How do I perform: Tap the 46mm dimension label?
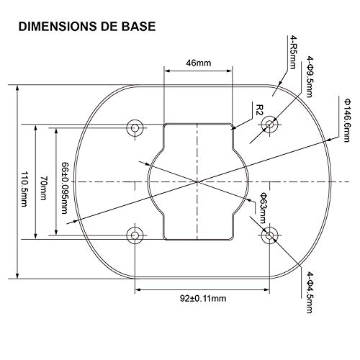click(198, 63)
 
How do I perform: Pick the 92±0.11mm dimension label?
click(202, 297)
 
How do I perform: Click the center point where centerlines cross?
click(198, 181)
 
